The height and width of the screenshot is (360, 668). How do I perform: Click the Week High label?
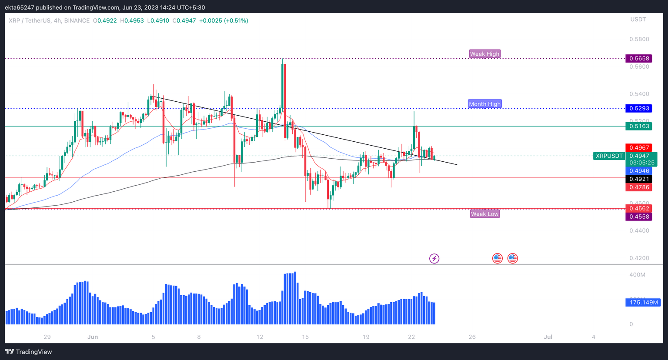pos(484,54)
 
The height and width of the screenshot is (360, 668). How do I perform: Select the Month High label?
pos(484,104)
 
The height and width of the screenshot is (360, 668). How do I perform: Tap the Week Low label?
pos(484,214)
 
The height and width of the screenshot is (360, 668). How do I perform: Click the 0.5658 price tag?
pos(638,58)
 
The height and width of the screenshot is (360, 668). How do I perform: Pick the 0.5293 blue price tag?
pos(638,108)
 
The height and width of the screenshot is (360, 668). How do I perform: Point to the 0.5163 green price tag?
pos(638,126)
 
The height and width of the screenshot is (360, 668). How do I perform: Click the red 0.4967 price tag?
pos(638,148)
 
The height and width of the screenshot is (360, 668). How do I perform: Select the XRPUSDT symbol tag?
pos(609,156)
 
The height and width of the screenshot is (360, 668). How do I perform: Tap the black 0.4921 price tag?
pos(638,179)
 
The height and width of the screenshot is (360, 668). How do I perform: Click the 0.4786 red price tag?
pos(638,187)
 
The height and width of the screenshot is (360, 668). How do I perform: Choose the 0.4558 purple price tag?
pos(638,217)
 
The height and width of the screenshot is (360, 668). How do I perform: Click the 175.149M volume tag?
pos(643,302)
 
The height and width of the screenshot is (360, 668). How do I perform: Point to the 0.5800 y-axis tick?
pos(639,39)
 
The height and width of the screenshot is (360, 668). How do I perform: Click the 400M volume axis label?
pos(637,275)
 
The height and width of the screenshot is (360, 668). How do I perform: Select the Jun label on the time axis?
pos(93,337)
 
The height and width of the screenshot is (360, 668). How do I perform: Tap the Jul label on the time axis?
pos(548,337)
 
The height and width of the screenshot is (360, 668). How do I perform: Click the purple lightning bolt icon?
pos(434,259)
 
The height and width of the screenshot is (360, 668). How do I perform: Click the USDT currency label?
pos(638,20)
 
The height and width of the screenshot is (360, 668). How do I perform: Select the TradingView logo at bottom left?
pos(28,352)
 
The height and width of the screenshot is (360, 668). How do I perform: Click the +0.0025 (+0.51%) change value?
pos(224,20)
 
